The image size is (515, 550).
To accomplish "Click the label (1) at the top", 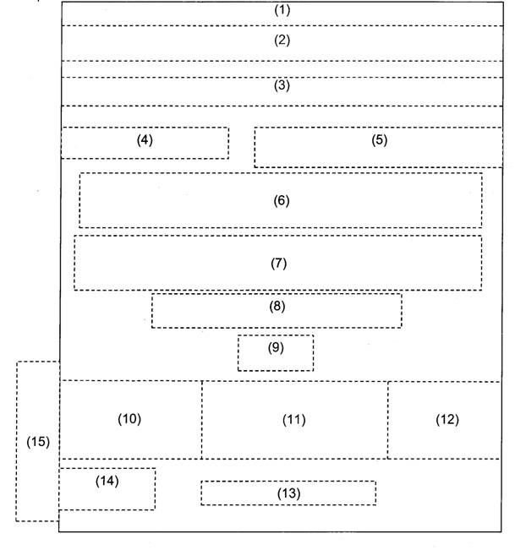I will (282, 11).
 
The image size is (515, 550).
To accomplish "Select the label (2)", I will (282, 40).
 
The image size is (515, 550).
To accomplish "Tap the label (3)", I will (282, 85).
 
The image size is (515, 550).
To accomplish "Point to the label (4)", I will (145, 140).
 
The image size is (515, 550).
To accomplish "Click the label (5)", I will (379, 140).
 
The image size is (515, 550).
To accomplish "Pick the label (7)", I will (279, 263).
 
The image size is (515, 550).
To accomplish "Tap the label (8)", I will (277, 307).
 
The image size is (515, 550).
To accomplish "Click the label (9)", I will (276, 347).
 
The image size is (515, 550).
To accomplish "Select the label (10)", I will (129, 419).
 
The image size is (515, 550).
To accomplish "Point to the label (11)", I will (293, 420).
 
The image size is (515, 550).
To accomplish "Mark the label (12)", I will (447, 420).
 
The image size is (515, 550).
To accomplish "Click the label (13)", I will (288, 493).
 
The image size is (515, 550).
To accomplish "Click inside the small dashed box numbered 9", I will (276, 360).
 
